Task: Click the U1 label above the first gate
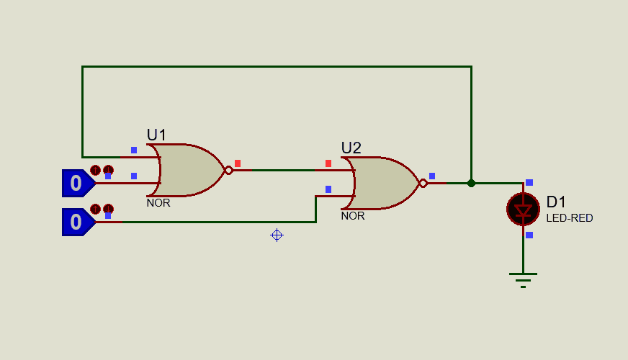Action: pyautogui.click(x=156, y=135)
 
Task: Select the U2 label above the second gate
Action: pyautogui.click(x=351, y=148)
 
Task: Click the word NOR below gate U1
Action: pyautogui.click(x=158, y=203)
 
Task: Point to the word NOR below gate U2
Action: pyautogui.click(x=353, y=216)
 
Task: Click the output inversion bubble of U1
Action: pyautogui.click(x=228, y=170)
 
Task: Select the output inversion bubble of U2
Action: pyautogui.click(x=423, y=183)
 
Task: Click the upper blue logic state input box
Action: pyautogui.click(x=77, y=184)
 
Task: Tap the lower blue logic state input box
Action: pyautogui.click(x=77, y=222)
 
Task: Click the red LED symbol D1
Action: pyautogui.click(x=523, y=210)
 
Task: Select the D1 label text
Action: pyautogui.click(x=557, y=202)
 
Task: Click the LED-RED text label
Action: pyautogui.click(x=569, y=218)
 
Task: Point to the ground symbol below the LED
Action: pyautogui.click(x=523, y=279)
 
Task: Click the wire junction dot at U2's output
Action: pyautogui.click(x=471, y=183)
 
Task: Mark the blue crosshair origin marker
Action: pyautogui.click(x=277, y=235)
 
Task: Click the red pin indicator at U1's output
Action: pyautogui.click(x=238, y=163)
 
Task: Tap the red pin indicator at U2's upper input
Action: pyautogui.click(x=328, y=163)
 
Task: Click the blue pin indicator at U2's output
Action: pyautogui.click(x=432, y=176)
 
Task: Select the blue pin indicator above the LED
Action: pyautogui.click(x=529, y=183)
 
